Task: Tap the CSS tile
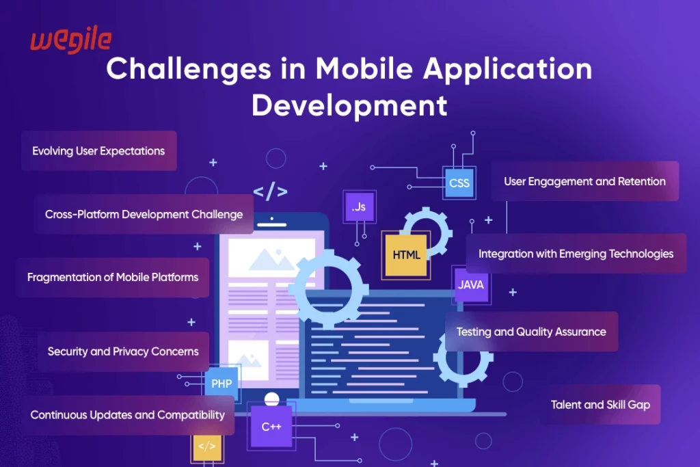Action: click(459, 183)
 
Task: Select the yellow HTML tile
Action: click(406, 255)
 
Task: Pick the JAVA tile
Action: click(471, 284)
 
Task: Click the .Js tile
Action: click(359, 206)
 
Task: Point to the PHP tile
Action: click(221, 384)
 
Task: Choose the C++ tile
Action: click(271, 427)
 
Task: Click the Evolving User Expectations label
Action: click(98, 150)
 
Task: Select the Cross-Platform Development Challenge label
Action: click(144, 214)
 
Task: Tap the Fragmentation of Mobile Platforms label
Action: click(113, 277)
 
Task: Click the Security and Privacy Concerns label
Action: click(123, 351)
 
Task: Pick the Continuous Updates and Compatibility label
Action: click(127, 415)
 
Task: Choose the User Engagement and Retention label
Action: click(584, 181)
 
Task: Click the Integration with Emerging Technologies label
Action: click(576, 253)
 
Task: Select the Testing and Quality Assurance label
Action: click(531, 332)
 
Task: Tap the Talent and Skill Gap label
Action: click(600, 404)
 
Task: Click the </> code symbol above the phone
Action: click(270, 192)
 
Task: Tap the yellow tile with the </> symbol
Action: click(206, 446)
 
